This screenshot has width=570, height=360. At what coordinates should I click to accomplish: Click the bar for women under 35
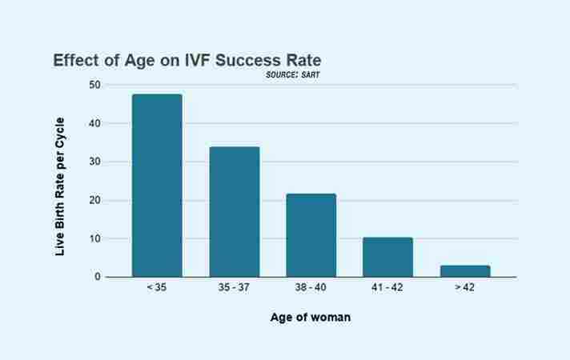157,186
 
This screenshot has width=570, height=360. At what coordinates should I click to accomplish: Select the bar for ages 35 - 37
235,212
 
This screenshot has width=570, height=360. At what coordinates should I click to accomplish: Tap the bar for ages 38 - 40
311,235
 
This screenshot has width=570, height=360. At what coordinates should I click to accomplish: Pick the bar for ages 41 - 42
387,257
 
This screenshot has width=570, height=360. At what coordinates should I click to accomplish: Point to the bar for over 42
465,271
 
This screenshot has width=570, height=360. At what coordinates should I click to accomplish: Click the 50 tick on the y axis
95,85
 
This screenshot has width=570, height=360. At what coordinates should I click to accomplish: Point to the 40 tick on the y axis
95,123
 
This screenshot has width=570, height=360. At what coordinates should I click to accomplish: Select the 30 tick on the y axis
95,162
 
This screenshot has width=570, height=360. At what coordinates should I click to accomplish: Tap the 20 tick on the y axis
95,200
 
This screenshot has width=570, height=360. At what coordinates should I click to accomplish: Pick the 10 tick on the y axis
95,238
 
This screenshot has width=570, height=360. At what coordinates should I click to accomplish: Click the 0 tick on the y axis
98,277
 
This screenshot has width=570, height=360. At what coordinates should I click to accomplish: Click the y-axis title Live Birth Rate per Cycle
60,186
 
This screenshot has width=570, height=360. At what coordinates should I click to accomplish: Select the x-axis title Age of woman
311,318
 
